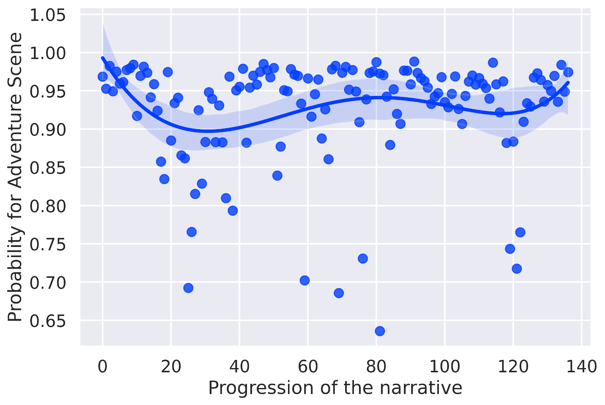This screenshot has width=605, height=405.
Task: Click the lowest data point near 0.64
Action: point(380,331)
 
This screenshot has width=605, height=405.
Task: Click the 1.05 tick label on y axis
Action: point(47,15)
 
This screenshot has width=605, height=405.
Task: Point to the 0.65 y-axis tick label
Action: point(47,321)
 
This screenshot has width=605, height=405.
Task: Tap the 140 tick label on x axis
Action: point(581,367)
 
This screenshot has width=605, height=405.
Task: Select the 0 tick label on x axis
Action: point(103,367)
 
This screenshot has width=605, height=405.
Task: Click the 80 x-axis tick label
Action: point(376,367)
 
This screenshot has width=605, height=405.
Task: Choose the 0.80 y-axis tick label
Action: point(47,206)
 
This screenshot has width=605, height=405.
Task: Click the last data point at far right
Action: point(568,72)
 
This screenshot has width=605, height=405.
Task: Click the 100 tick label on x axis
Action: point(445,367)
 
